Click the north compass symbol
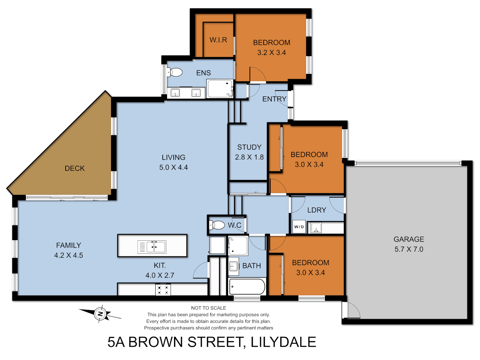tap(100, 314)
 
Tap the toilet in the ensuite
tap(175, 72)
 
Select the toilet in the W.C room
tap(217, 225)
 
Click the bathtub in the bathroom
tap(247, 287)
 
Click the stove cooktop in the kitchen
tap(163, 290)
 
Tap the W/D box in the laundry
tap(299, 227)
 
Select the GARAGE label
tap(409, 239)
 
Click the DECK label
tap(75, 168)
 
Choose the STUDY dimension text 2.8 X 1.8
tap(249, 157)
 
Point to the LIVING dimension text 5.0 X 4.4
tap(173, 167)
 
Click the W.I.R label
tap(218, 40)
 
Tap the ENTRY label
tap(274, 99)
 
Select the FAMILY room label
tap(68, 245)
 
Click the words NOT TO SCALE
tap(209, 308)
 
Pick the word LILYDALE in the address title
tap(283, 342)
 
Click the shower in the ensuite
tap(220, 89)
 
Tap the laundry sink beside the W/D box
tap(316, 228)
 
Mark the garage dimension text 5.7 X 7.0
tap(409, 249)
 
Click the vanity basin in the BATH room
tap(233, 266)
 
